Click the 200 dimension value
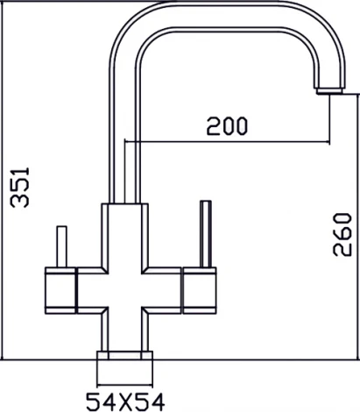[x=227, y=126]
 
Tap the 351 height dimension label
[x=20, y=188]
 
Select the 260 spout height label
[x=342, y=235]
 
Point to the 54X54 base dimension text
[x=125, y=402]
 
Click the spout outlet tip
[x=329, y=91]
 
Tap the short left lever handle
[x=61, y=246]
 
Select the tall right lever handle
[x=206, y=234]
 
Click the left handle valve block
[x=60, y=290]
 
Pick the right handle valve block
[x=200, y=290]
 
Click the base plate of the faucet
[x=124, y=355]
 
